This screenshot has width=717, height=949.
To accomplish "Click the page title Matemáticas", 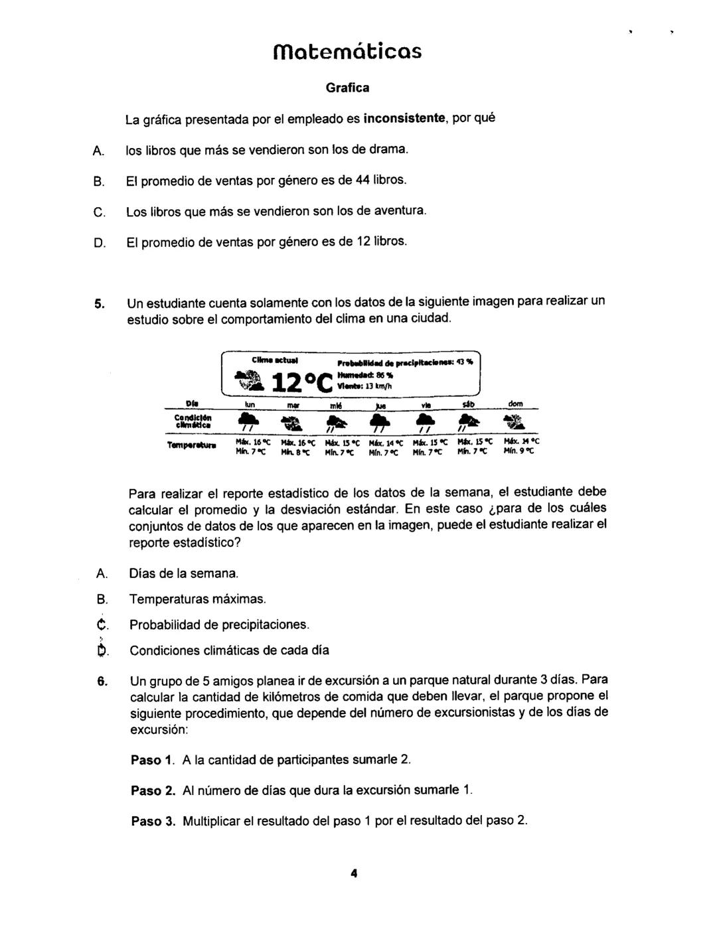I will (x=347, y=50).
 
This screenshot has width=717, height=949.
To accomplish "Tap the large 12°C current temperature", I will (x=302, y=382).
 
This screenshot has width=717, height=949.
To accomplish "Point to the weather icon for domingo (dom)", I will (x=515, y=422).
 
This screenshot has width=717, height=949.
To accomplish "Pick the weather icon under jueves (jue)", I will (x=380, y=422).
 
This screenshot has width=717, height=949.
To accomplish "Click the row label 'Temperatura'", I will (x=191, y=446).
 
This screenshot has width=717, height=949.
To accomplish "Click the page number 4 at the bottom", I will (x=354, y=873).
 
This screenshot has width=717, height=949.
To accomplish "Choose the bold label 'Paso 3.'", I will (x=153, y=821).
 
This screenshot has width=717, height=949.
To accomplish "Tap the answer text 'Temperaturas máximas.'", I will (x=197, y=599).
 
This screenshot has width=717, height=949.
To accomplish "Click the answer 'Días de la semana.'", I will (x=183, y=573).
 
